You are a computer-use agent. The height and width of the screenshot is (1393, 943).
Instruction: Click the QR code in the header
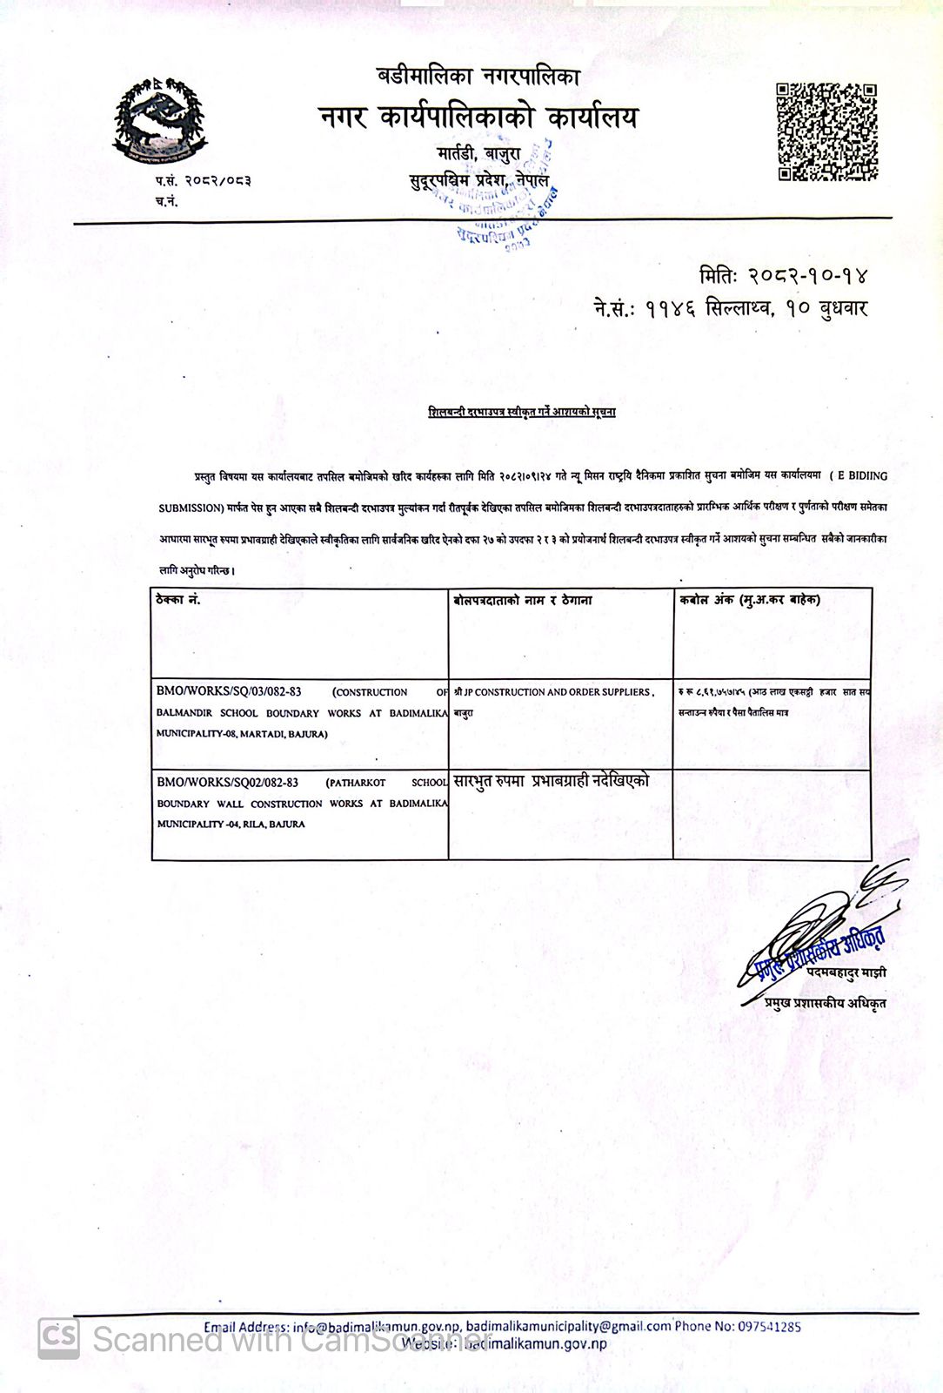pyautogui.click(x=826, y=132)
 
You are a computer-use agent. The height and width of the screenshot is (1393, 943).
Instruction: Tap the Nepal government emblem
pyautogui.click(x=159, y=122)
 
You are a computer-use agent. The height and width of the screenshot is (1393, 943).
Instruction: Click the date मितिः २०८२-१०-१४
pyautogui.click(x=783, y=275)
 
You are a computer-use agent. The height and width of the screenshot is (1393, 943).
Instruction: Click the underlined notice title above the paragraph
pyautogui.click(x=522, y=411)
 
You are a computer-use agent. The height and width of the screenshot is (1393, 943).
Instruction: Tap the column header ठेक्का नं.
pyautogui.click(x=178, y=600)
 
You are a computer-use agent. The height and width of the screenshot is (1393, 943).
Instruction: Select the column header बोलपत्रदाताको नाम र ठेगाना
pyautogui.click(x=523, y=600)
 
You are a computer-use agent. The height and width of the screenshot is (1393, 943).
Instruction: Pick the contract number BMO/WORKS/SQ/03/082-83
pyautogui.click(x=229, y=691)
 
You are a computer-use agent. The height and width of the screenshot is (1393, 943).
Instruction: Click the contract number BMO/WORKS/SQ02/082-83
pyautogui.click(x=227, y=782)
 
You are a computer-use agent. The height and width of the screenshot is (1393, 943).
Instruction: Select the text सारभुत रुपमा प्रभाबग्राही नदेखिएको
pyautogui.click(x=551, y=781)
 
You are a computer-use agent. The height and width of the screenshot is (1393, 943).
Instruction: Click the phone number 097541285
pyautogui.click(x=769, y=1327)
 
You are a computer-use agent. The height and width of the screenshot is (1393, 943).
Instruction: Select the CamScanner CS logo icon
pyautogui.click(x=58, y=1338)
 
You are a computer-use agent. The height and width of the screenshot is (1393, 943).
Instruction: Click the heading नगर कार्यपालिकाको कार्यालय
pyautogui.click(x=478, y=117)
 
